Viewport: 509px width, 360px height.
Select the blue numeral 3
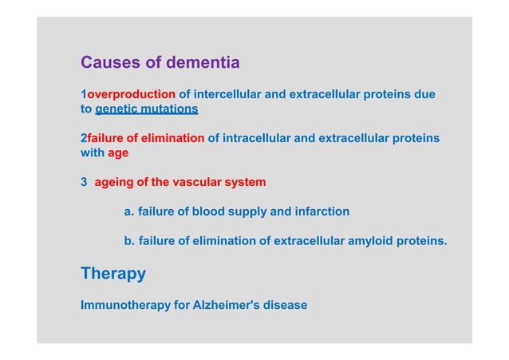[84, 182]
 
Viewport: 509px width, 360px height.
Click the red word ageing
[113, 182]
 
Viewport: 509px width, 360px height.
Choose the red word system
[245, 182]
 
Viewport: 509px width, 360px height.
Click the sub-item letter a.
[128, 212]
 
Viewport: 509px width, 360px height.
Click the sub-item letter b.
[128, 240]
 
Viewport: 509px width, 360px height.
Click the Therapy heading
[113, 274]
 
